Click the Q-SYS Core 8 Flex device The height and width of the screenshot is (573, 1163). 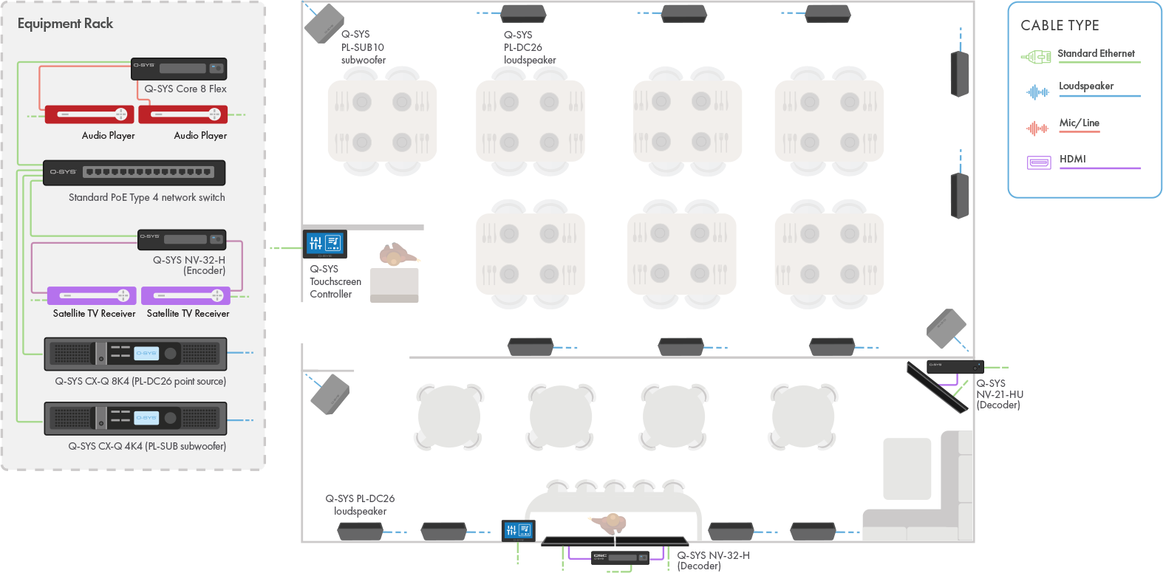point(179,69)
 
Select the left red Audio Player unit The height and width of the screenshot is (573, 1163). point(89,114)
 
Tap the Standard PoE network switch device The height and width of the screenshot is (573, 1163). point(134,172)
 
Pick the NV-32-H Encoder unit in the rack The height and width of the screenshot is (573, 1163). point(182,239)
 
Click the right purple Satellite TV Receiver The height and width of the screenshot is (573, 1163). point(185,295)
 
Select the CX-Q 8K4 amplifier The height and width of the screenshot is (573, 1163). point(135,354)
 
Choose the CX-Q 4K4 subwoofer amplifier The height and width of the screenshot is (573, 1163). point(135,418)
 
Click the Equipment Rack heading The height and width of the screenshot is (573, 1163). point(65,24)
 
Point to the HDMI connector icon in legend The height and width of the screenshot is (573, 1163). point(1039,162)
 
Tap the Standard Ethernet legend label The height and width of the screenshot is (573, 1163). point(1096,53)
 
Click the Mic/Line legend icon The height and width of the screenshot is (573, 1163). point(1037,128)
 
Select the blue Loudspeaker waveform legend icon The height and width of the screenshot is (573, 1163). point(1037,92)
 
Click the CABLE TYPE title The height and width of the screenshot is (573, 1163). point(1060,25)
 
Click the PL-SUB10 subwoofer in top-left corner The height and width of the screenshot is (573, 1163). point(324,24)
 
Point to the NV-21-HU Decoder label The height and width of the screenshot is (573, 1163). point(999,394)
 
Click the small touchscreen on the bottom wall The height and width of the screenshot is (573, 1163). point(519,529)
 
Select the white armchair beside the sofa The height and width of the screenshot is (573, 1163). point(907,469)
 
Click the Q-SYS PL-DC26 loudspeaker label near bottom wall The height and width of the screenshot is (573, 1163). point(360,504)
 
